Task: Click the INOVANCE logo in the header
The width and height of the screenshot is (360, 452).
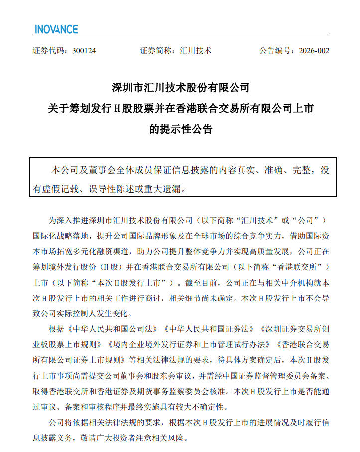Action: [x=56, y=29]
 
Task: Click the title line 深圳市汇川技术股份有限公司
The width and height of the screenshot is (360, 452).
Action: [x=180, y=88]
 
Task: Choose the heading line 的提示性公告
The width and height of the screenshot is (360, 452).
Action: [x=181, y=129]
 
